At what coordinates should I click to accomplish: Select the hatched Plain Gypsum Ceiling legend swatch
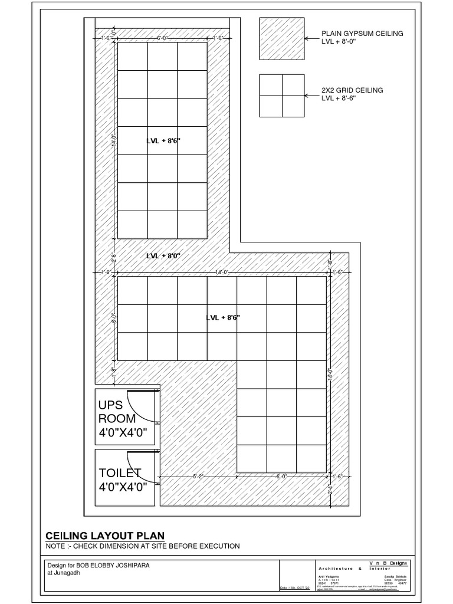click(281, 38)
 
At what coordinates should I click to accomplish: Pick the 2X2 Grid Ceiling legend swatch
click(281, 95)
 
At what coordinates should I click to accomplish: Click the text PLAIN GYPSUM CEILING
click(362, 34)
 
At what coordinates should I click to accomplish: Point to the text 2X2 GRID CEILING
click(352, 90)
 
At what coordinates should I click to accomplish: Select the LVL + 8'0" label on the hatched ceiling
click(163, 256)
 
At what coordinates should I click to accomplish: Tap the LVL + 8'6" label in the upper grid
click(163, 141)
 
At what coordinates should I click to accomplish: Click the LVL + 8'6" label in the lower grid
click(223, 317)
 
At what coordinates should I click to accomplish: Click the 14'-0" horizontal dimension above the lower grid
click(222, 272)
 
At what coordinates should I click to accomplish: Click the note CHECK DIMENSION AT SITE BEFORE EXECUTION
click(143, 546)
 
